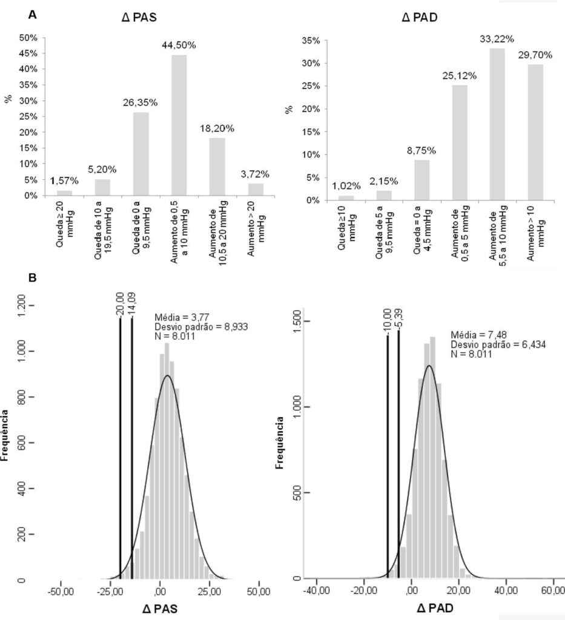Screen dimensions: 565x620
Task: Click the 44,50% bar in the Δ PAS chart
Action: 179,125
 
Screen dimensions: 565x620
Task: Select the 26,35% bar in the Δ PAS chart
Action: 140,154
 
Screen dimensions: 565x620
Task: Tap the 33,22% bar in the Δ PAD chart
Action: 497,124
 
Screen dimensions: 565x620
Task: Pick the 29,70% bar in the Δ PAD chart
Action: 535,133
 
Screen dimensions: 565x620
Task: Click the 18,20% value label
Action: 217,129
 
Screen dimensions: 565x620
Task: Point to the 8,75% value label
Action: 421,151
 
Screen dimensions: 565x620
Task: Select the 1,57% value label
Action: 64,181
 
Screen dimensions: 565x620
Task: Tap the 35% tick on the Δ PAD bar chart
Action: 311,41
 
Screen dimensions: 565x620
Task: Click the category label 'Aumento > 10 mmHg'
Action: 536,233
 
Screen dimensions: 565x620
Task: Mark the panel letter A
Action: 33,15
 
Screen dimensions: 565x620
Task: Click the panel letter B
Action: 33,278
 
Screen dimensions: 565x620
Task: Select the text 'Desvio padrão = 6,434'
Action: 498,345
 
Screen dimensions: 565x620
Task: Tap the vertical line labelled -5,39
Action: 398,455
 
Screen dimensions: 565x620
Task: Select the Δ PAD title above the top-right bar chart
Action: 420,18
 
